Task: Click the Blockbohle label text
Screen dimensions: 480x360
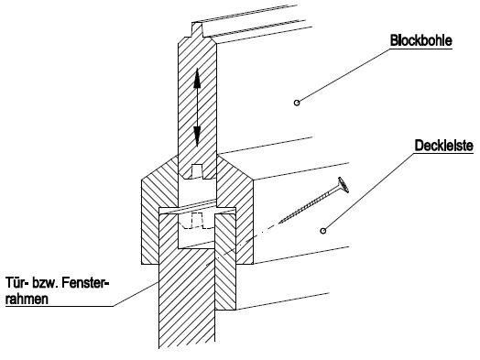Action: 421,40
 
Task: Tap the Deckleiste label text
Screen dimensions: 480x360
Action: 444,146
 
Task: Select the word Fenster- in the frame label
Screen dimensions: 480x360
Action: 86,282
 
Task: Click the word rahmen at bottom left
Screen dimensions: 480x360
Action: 27,299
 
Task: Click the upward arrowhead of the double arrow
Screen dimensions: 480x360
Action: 197,78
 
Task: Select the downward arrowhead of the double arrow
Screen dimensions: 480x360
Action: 197,136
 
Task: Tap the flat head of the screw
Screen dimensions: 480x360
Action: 344,185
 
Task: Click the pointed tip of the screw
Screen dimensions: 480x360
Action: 279,223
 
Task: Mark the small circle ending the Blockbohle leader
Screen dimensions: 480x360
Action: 297,103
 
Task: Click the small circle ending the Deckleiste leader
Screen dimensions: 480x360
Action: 323,231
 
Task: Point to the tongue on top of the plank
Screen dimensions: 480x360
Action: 197,29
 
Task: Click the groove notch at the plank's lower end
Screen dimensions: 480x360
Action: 197,171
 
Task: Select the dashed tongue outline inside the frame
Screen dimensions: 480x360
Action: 196,221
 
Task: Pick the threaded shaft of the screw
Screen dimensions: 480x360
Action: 310,205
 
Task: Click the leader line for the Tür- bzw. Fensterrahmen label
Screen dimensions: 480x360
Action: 136,294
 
